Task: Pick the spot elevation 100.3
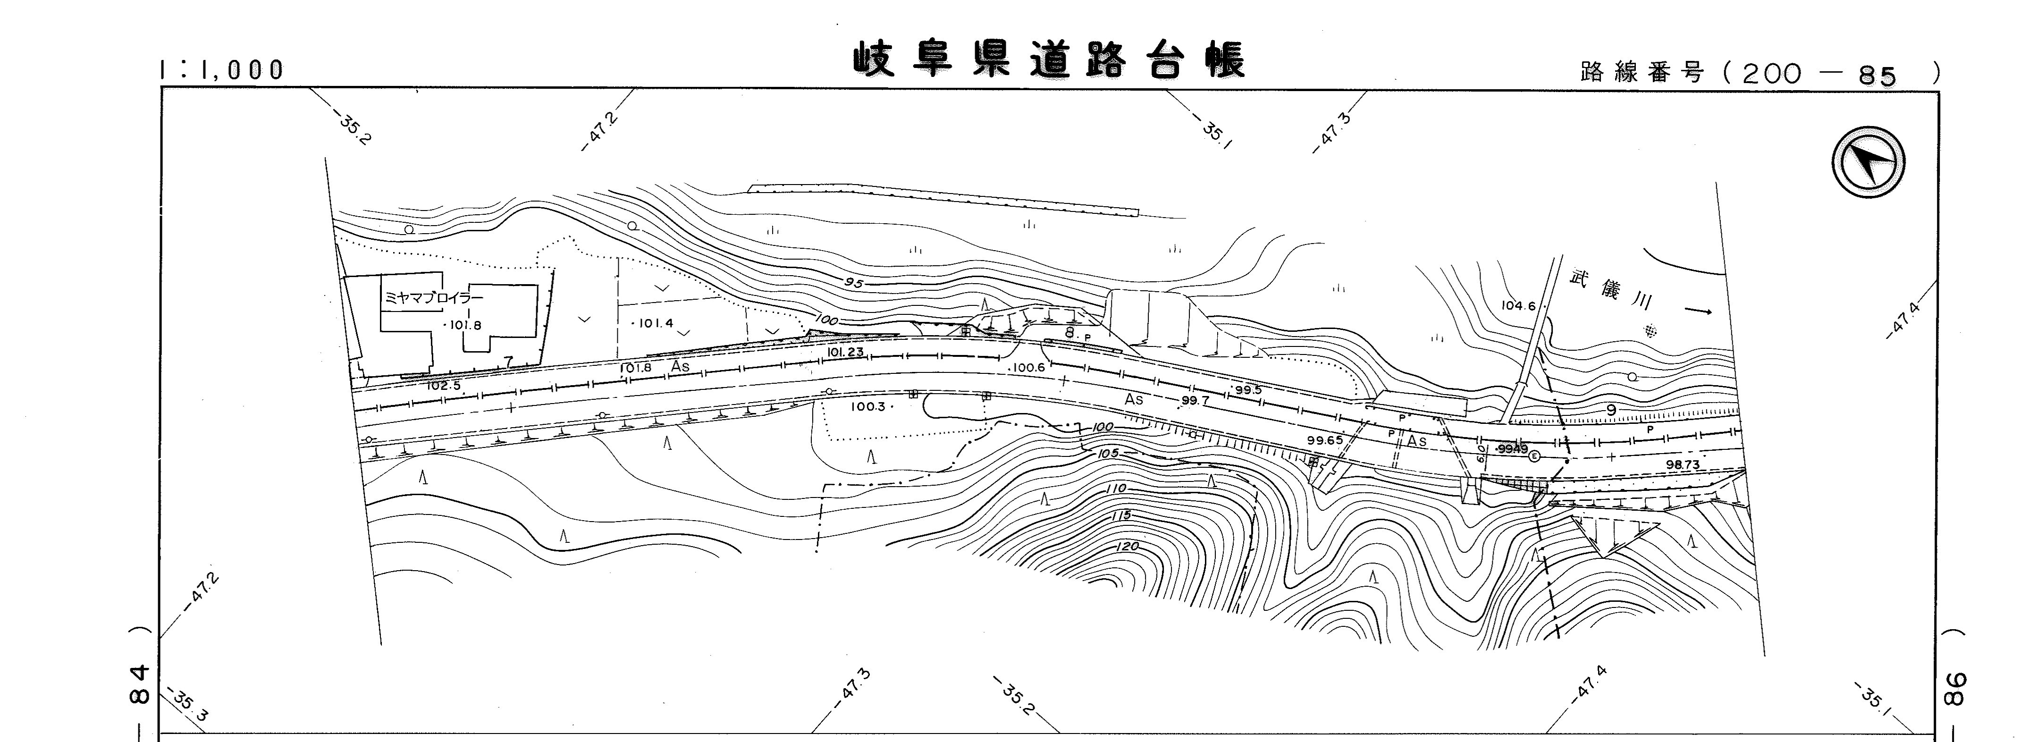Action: [x=869, y=406]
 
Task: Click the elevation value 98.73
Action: [x=1683, y=465]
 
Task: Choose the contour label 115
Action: [x=1120, y=515]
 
